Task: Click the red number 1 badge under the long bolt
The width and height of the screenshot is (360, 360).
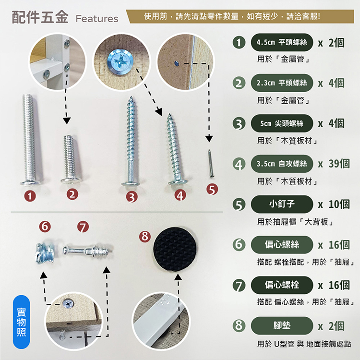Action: point(30,196)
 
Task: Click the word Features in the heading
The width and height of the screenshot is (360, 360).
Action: point(96,19)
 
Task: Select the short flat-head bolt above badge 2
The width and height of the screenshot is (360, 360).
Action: point(70,158)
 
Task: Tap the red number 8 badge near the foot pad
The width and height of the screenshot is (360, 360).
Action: point(144,236)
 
